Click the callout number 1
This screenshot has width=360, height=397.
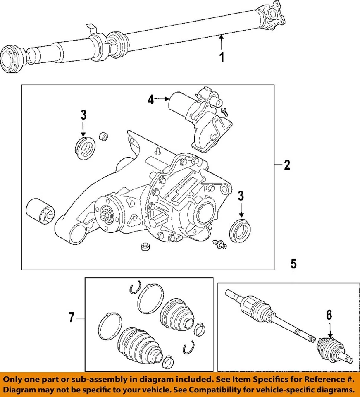pyautogui.click(x=222, y=57)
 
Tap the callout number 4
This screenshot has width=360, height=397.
pyautogui.click(x=151, y=100)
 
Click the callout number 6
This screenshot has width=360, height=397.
pyautogui.click(x=329, y=315)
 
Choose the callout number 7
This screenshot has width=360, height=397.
pyautogui.click(x=72, y=318)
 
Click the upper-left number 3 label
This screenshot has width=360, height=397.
pyautogui.click(x=83, y=115)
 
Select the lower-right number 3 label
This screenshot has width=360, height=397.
pyautogui.click(x=241, y=196)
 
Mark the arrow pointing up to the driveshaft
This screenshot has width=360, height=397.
pyautogui.click(x=222, y=41)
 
